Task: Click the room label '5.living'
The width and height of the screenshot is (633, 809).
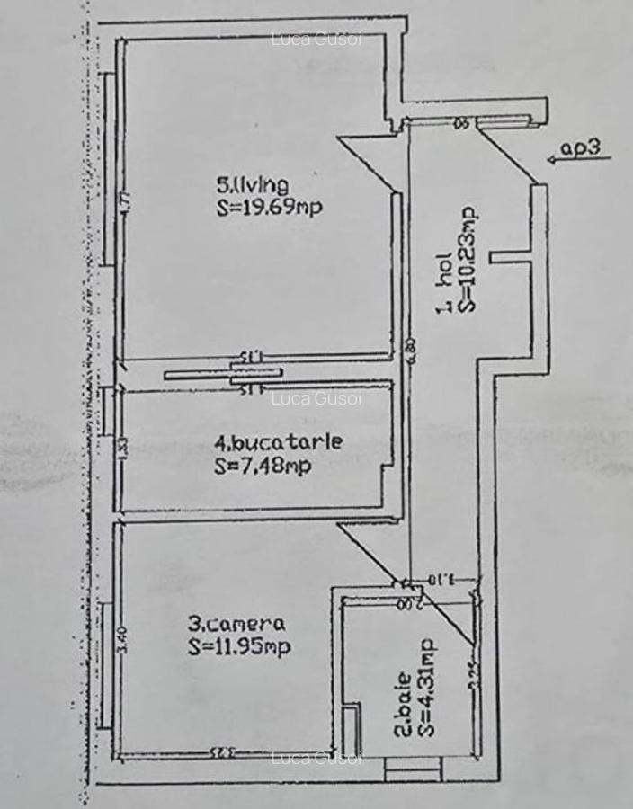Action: point(252,186)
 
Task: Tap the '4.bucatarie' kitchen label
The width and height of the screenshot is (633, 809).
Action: point(265,442)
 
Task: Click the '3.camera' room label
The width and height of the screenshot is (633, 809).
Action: point(236,623)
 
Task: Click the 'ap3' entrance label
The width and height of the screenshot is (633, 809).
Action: point(580,148)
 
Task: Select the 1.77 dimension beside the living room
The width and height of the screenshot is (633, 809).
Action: point(127,199)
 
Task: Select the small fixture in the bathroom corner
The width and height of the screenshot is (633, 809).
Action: point(352,728)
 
